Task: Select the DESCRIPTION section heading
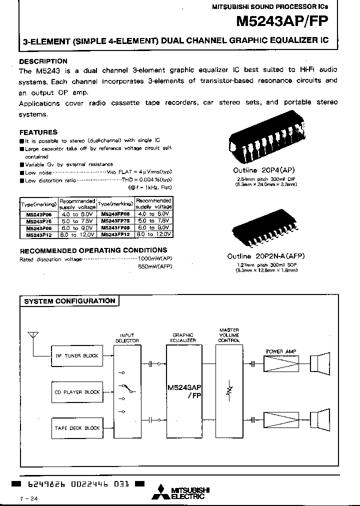43,61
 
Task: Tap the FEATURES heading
38,132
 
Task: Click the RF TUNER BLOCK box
76,356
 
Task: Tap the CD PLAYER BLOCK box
76,392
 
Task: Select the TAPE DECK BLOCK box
76,428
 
